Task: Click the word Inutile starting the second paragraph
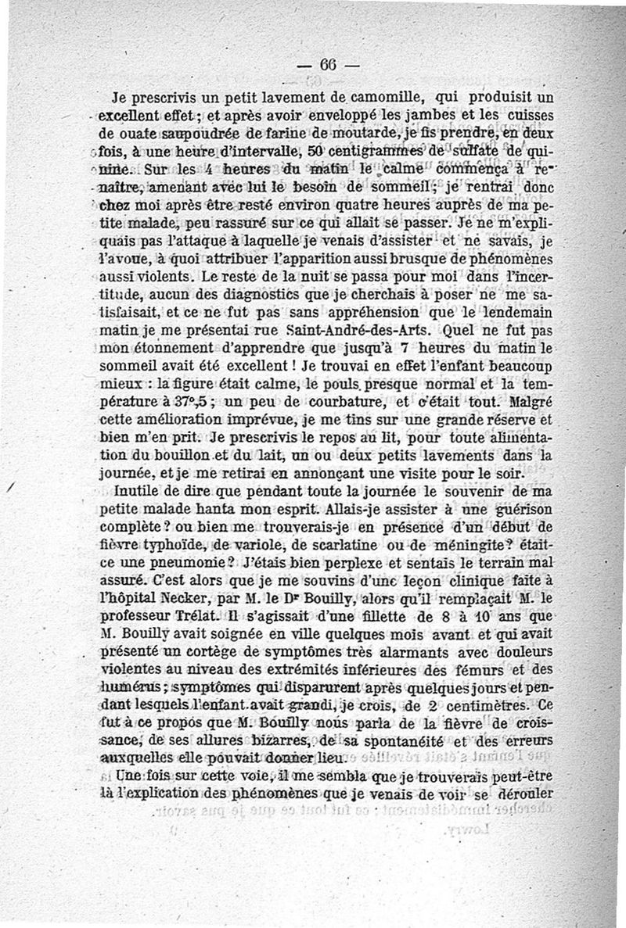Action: [x=136, y=493]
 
